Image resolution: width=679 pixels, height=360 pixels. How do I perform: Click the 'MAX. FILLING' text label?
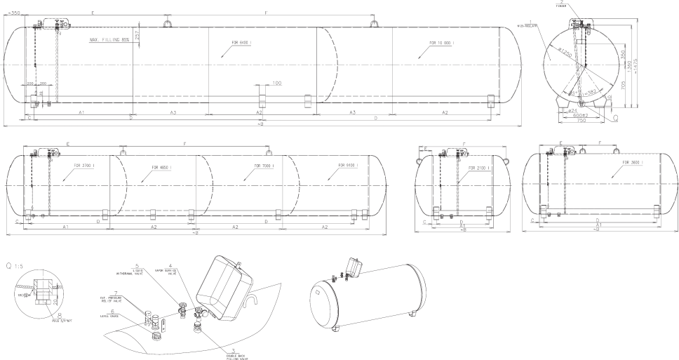click(109, 40)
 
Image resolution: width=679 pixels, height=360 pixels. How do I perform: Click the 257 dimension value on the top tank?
click(137, 34)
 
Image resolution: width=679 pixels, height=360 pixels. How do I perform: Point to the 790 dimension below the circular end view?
click(581, 121)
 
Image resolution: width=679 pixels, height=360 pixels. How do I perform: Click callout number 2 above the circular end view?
click(563, 3)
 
